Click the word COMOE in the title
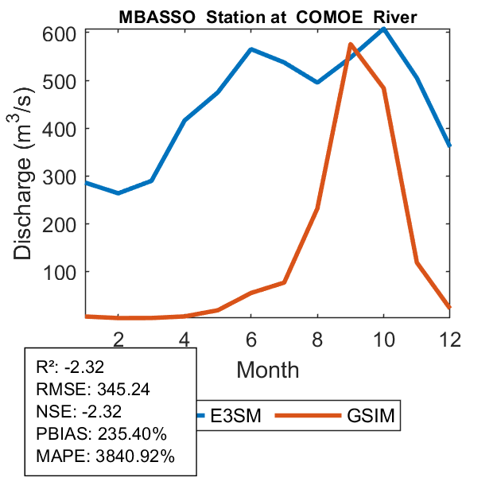click(328, 17)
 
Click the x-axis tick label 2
click(118, 339)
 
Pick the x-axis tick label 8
click(317, 339)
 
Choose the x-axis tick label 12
click(449, 339)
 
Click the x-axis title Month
click(267, 370)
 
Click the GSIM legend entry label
click(371, 416)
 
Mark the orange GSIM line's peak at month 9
click(351, 45)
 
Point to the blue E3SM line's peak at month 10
click(383, 29)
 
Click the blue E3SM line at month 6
click(251, 49)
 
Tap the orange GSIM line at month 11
click(417, 262)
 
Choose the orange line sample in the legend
click(311, 416)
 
